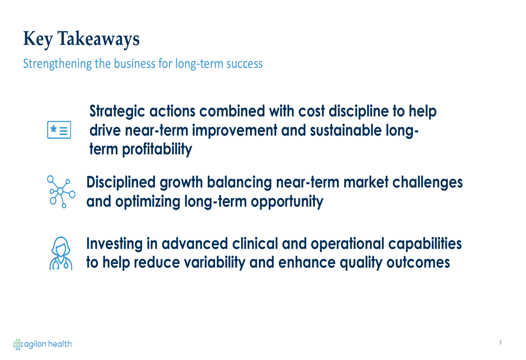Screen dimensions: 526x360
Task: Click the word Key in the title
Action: click(38, 39)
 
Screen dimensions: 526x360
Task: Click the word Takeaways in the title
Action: click(99, 39)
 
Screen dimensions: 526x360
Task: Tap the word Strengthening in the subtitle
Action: click(57, 64)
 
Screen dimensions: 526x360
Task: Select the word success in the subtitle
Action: click(244, 64)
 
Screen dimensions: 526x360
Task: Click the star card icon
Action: click(59, 130)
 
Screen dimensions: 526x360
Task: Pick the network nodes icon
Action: click(61, 191)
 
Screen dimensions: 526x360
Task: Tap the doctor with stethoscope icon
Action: click(60, 253)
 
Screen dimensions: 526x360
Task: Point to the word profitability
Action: click(157, 149)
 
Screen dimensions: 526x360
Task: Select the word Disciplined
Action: click(121, 183)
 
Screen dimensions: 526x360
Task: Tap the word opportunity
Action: click(287, 202)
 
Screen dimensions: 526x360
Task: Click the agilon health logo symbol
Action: click(18, 344)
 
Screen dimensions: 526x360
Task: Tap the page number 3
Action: click(500, 342)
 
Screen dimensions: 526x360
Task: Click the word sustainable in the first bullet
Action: click(346, 131)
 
